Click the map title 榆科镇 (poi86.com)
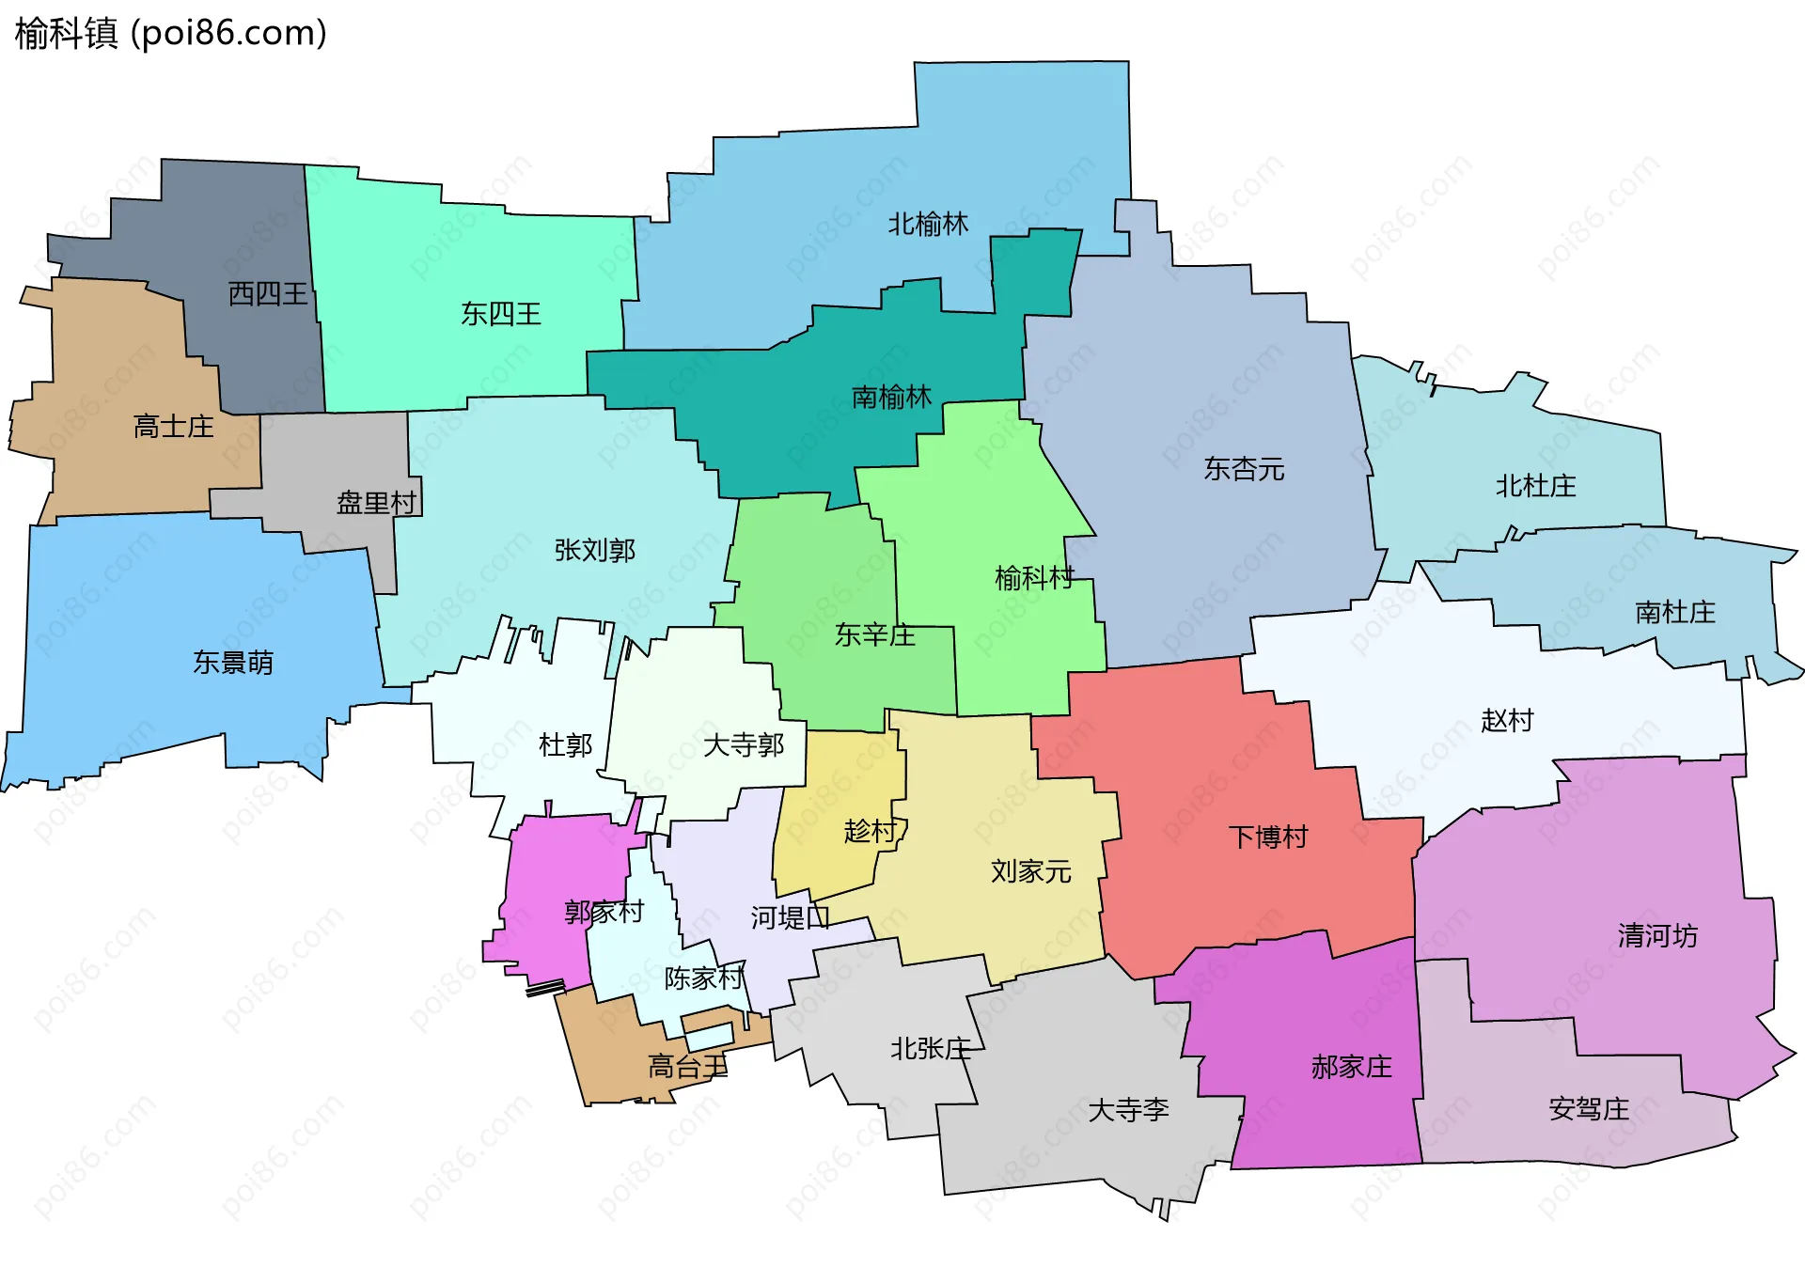171,33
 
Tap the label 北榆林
928,224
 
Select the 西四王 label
268,294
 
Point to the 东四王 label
501,314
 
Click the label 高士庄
174,427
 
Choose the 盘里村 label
376,503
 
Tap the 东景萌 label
233,663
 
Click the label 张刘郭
595,550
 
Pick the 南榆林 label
891,398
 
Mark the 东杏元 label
1244,469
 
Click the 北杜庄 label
1535,486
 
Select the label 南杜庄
1675,613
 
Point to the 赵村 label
1507,720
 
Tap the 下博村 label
1268,837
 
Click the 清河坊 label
1657,935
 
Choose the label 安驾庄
1589,1109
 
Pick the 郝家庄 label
1351,1067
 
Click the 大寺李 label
1128,1110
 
